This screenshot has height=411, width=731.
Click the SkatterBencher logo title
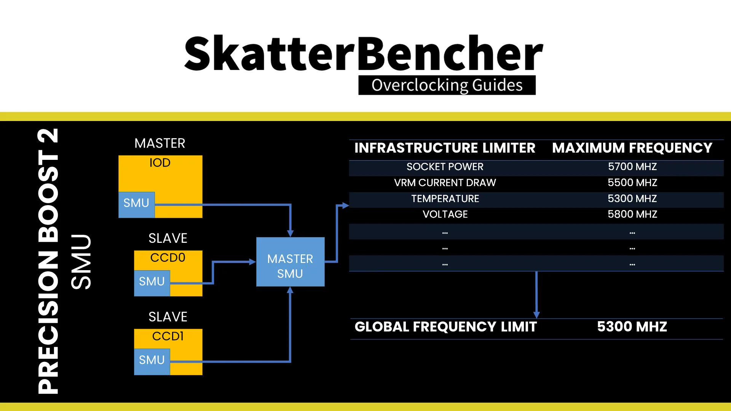364,53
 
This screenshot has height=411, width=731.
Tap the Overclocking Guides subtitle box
447,85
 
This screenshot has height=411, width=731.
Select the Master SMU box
290,262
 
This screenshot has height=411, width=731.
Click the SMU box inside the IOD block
136,205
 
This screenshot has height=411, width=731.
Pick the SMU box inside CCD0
152,283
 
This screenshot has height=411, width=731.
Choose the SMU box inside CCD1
152,362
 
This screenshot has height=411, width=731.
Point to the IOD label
160,162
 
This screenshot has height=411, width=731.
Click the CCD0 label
168,258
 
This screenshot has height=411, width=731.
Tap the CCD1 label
168,336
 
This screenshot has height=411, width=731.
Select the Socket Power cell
445,167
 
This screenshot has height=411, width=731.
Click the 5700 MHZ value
632,167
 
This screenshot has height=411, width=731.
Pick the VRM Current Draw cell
445,183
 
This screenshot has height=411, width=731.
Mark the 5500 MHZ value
632,183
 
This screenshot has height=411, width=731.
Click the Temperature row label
445,199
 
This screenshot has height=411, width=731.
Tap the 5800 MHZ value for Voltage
632,214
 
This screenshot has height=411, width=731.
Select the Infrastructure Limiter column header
445,148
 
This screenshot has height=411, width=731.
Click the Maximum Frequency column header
632,148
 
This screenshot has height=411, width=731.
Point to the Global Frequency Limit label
445,327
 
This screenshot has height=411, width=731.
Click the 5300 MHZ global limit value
632,327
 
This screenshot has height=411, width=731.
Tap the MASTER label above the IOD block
160,143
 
